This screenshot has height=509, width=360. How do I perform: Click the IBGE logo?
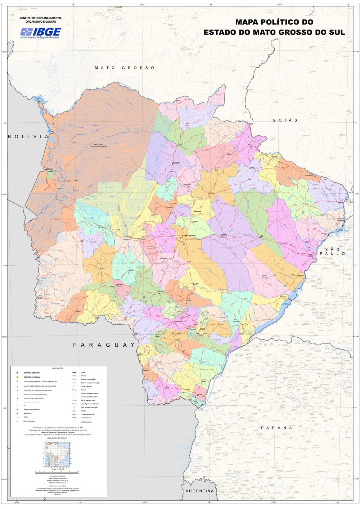tap(41, 33)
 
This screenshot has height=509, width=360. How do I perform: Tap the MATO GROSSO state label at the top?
tap(125, 68)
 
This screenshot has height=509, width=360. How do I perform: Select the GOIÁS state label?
tap(285, 120)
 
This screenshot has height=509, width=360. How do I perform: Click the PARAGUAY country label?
tap(104, 345)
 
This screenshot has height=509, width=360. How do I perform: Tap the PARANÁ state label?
tap(276, 428)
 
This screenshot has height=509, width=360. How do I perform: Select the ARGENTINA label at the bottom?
tap(199, 491)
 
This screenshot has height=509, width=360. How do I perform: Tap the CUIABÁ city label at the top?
tap(119, 7)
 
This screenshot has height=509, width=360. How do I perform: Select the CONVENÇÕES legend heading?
tap(58, 368)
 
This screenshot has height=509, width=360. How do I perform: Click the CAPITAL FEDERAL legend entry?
tap(32, 373)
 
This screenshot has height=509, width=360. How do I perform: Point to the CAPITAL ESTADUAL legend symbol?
tap(17, 377)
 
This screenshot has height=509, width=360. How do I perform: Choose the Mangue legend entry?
tap(84, 411)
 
